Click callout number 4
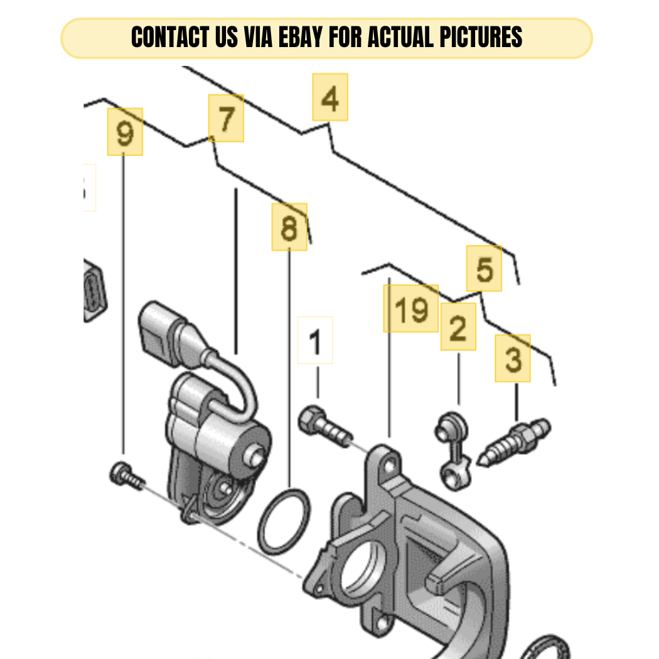[330, 97]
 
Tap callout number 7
[226, 118]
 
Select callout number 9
[126, 132]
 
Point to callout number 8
[289, 227]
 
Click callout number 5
[484, 269]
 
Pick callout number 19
[411, 309]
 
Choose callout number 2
[459, 326]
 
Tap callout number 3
[513, 358]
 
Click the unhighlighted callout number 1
[315, 340]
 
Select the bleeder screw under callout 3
[513, 442]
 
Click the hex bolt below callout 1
[325, 426]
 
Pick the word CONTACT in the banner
[170, 37]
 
